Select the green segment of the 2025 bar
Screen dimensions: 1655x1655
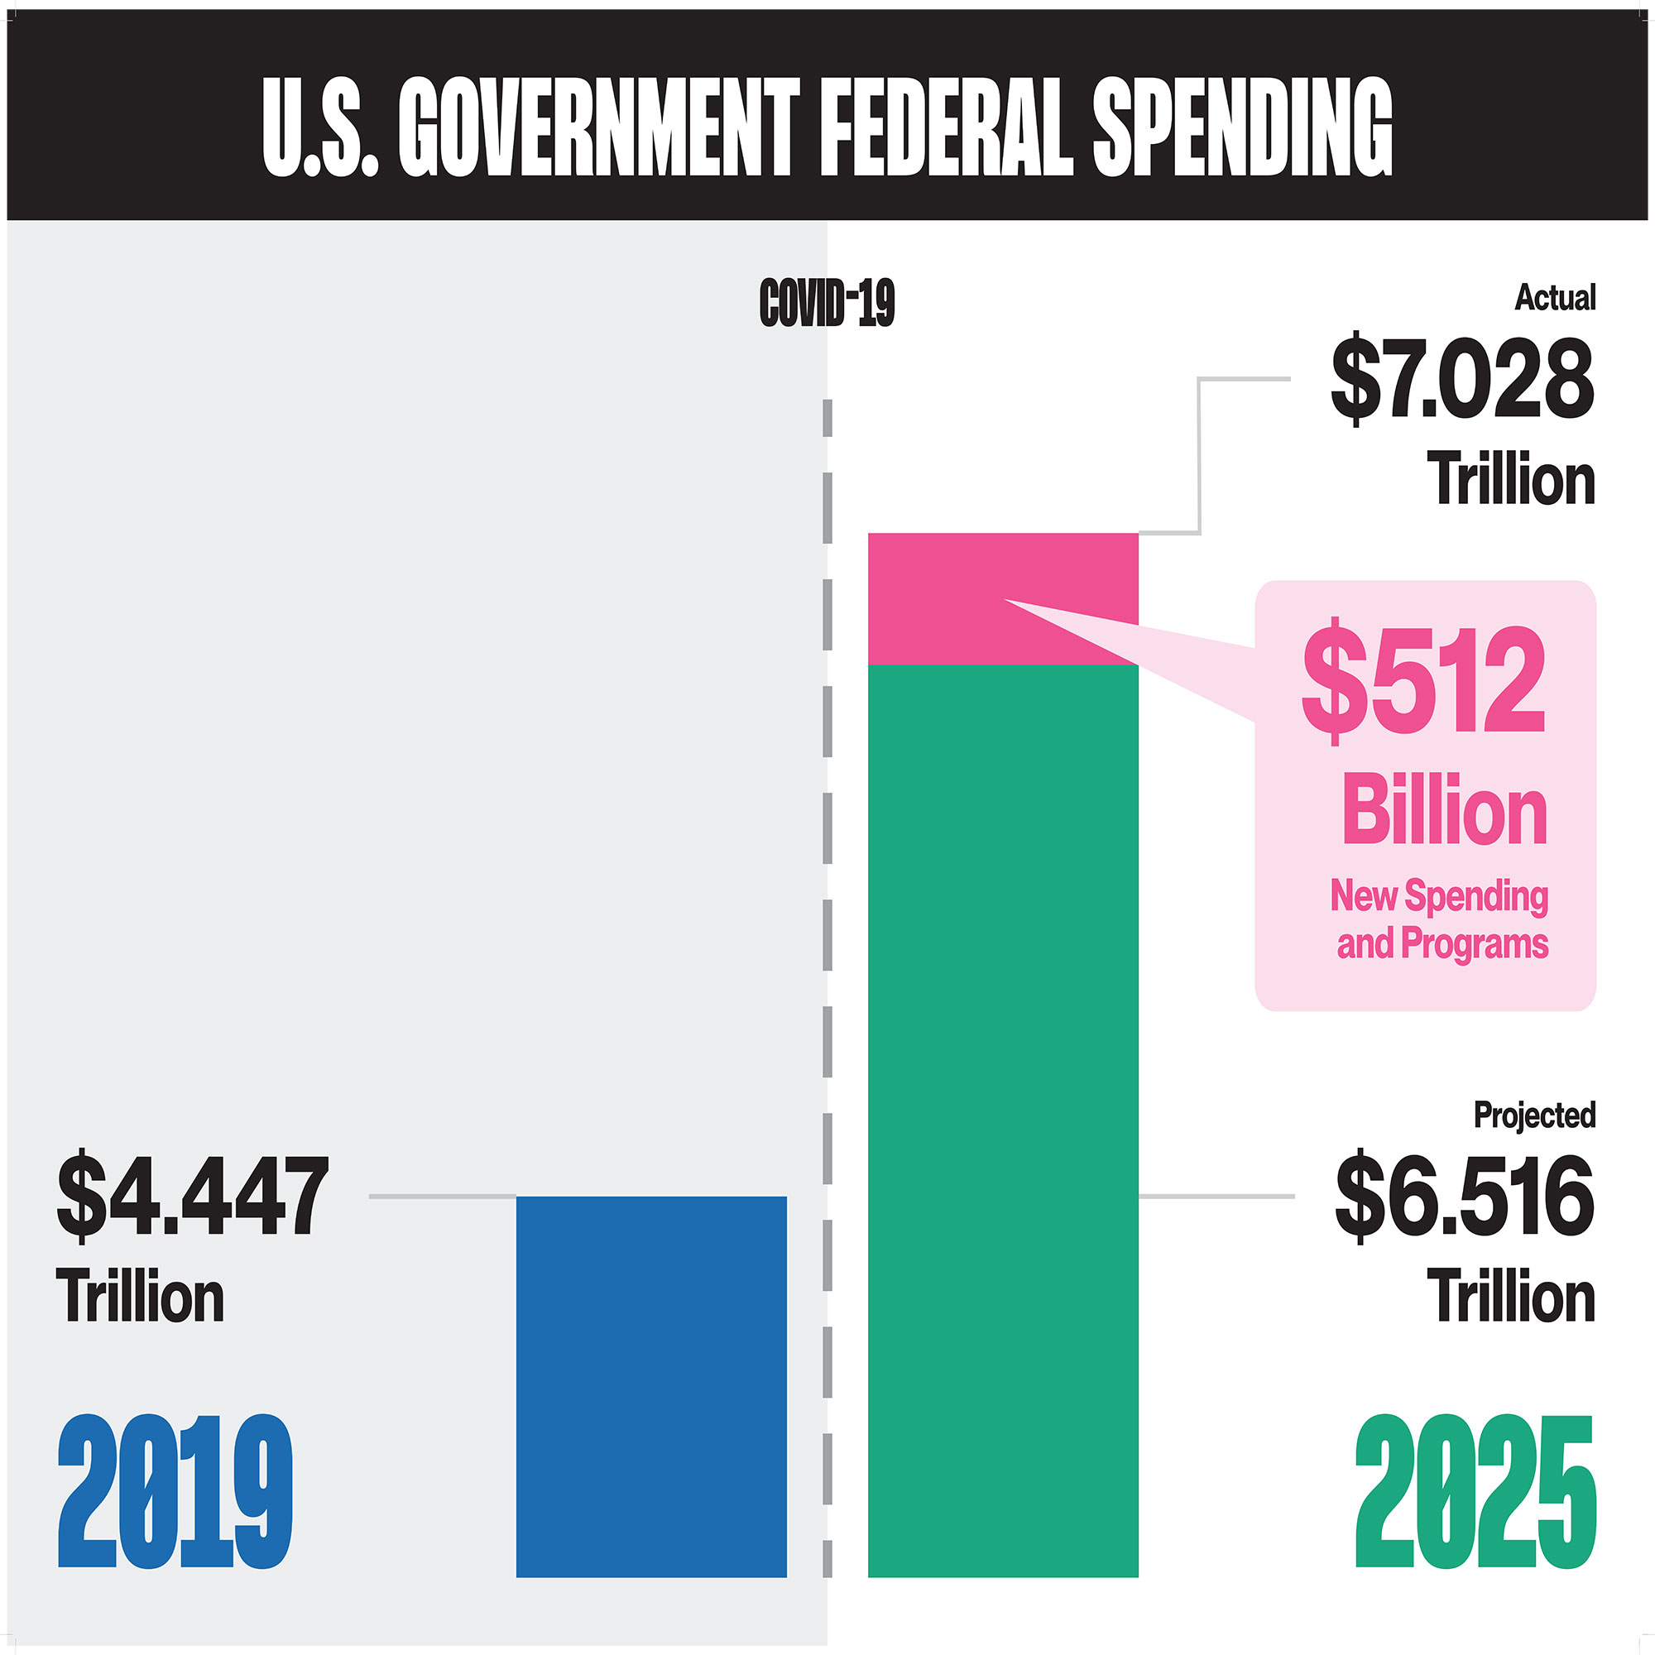tap(1002, 1114)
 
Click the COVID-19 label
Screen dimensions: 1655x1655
tap(827, 303)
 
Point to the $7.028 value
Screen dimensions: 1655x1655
tap(1461, 379)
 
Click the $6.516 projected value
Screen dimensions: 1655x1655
tap(1464, 1197)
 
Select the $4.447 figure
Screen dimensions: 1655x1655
tap(193, 1197)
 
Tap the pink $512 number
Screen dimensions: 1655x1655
tap(1422, 681)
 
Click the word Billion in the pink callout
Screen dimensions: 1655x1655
tap(1444, 810)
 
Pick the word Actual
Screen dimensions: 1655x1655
tap(1555, 297)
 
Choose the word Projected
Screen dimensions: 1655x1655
tap(1534, 1115)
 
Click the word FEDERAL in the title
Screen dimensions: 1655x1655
tap(946, 128)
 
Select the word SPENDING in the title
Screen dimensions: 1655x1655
tap(1243, 128)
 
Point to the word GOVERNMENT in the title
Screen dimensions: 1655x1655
tap(599, 128)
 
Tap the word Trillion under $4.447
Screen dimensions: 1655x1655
tap(141, 1297)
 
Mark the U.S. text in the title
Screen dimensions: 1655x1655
tap(319, 128)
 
